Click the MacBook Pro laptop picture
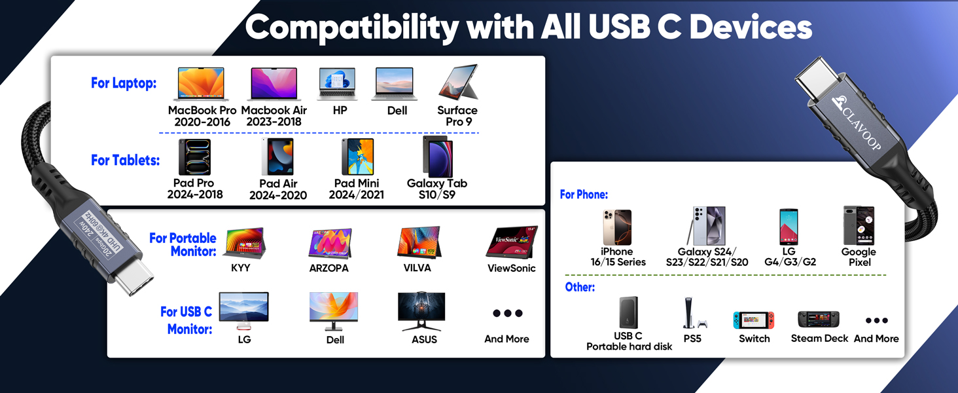click(202, 84)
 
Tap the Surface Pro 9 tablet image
click(458, 83)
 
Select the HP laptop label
click(340, 111)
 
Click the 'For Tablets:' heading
click(125, 160)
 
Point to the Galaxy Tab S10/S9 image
click(437, 157)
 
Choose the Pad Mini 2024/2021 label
click(357, 189)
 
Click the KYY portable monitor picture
click(244, 244)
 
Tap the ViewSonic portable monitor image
click(511, 242)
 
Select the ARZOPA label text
click(328, 268)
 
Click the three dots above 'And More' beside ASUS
click(507, 314)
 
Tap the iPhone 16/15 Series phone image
click(617, 227)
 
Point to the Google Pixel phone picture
click(859, 226)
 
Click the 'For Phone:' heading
click(584, 195)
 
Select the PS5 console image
click(692, 314)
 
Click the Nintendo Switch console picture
click(754, 320)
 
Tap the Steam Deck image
click(819, 320)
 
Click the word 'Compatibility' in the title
click(352, 28)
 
